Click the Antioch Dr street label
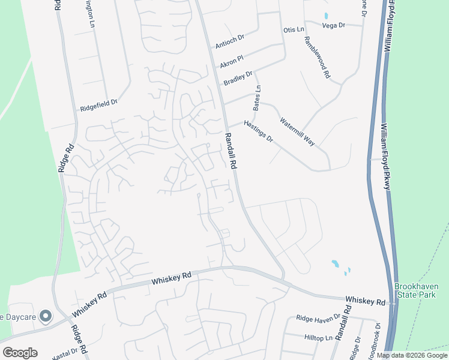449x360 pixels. pos(230,41)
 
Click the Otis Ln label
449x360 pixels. pos(294,29)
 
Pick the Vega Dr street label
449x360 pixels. pos(334,25)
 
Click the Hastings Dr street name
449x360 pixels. pos(258,131)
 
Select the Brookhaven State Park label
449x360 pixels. pos(421,291)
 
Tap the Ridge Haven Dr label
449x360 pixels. pos(318,318)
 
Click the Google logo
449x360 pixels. pos(20,353)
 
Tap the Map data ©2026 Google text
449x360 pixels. pos(412,355)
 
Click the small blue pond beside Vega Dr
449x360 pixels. pos(326,16)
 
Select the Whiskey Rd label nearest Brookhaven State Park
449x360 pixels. pos(365,301)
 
